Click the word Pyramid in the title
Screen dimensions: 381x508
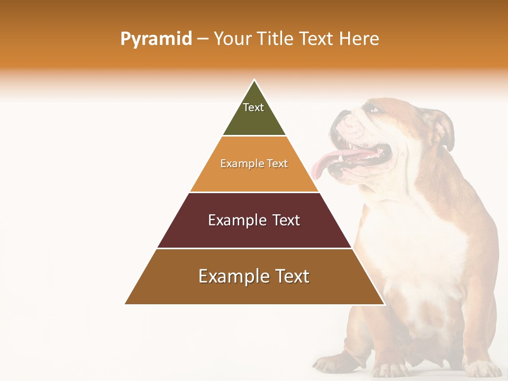[x=156, y=39]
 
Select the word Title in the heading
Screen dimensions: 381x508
[x=276, y=39]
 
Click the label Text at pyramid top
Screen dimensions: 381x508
[x=253, y=107]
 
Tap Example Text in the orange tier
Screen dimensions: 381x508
[x=254, y=164]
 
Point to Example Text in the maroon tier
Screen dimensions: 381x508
[x=254, y=220]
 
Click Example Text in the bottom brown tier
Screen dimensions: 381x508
[x=254, y=276]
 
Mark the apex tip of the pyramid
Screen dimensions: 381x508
[x=255, y=81]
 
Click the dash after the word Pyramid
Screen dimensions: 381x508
[x=203, y=39]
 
